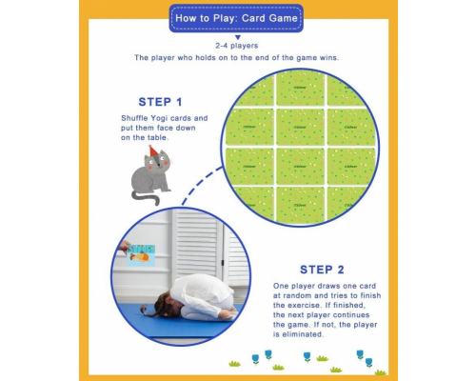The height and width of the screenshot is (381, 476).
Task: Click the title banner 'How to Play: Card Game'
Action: [237, 16]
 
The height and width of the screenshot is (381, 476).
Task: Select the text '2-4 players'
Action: [237, 45]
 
